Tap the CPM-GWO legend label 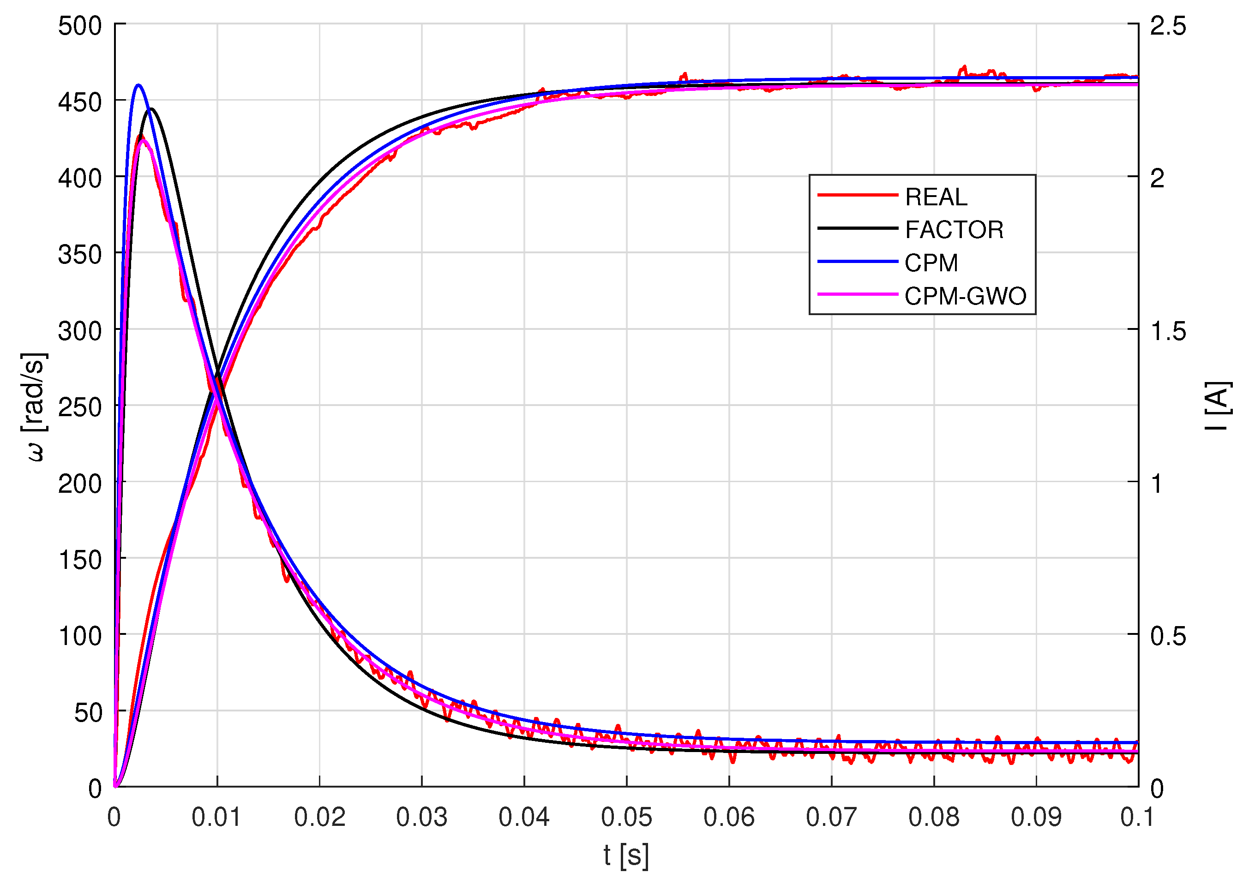point(965,297)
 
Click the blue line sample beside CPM point(857,262)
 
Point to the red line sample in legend point(857,195)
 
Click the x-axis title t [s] point(626,856)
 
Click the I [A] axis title point(1218,406)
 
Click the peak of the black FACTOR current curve point(151,109)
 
